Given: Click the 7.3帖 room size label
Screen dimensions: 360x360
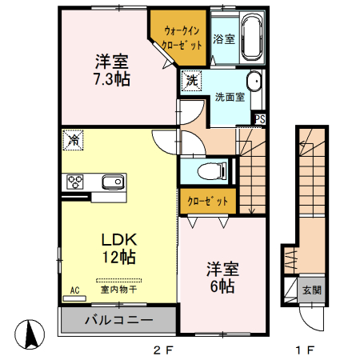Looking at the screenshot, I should click(112, 79).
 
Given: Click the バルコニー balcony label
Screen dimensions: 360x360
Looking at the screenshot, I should click(118, 320).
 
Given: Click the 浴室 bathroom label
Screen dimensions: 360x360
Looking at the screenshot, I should click(224, 38).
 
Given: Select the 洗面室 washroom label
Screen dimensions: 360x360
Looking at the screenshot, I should click(229, 98).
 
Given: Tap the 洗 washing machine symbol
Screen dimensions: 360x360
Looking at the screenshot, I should click(192, 80).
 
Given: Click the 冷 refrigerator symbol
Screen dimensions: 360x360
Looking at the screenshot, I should click(72, 140).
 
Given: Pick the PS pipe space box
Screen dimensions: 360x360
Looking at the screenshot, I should click(260, 120).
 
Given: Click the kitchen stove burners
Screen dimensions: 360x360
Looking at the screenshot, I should click(77, 180).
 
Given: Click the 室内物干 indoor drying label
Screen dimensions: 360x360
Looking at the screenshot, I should click(118, 290).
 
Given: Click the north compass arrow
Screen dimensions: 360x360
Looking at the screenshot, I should click(30, 332).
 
